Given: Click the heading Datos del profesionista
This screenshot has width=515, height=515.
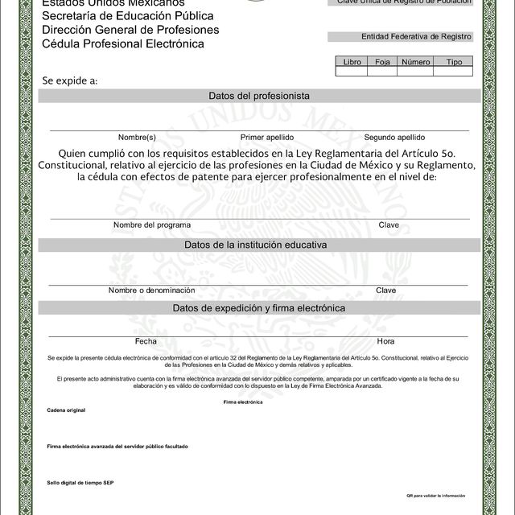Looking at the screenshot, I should [259, 96].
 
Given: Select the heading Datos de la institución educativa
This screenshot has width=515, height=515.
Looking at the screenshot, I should [255, 244].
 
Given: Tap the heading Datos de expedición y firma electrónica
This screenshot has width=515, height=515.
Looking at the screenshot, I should [258, 308].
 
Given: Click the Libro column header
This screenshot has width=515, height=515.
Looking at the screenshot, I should [352, 61].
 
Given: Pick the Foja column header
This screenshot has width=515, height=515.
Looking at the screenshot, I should [382, 61].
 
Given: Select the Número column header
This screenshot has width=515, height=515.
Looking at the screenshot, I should [415, 61].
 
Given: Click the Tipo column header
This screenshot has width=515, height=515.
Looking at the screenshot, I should [454, 61].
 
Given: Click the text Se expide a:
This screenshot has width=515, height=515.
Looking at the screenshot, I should [70, 80].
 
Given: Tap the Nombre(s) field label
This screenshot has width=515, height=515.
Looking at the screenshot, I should [137, 137].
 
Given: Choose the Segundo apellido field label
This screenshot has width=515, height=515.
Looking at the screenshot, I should [394, 137].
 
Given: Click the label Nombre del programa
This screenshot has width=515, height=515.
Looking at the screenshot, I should [152, 225].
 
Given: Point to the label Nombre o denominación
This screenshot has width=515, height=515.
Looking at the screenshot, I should [152, 290].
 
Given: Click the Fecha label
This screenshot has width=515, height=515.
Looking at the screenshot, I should [146, 341].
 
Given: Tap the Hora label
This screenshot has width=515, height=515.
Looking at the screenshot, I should [385, 341].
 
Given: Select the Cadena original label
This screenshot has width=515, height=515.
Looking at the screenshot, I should [66, 410].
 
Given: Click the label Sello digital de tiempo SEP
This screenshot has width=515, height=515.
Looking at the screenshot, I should [80, 482].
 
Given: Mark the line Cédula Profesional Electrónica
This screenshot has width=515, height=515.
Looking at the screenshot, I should [123, 43].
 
